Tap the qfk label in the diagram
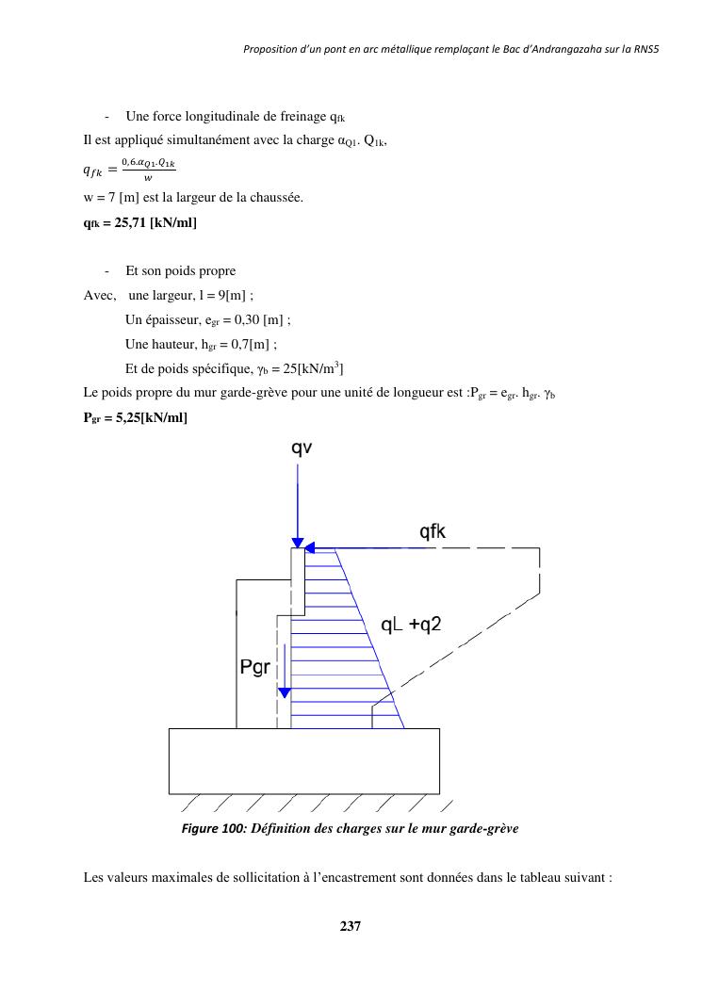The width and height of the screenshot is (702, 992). click(433, 532)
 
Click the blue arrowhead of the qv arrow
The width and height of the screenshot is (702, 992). click(298, 543)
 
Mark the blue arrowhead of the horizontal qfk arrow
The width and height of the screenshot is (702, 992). click(310, 546)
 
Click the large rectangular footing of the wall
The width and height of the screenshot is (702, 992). click(303, 760)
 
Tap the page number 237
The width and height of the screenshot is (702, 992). click(351, 926)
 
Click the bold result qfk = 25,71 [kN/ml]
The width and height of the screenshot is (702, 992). click(140, 223)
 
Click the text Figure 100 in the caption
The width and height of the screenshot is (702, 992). click(212, 829)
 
